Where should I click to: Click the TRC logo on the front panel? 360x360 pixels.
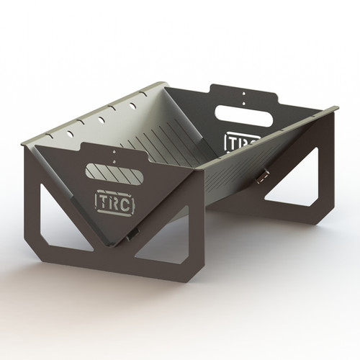(113, 200)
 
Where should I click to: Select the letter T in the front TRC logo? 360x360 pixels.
(102, 201)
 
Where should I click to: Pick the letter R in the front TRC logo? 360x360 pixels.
(113, 200)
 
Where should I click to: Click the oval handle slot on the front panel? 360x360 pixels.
(114, 171)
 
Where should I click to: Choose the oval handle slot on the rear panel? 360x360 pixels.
(244, 115)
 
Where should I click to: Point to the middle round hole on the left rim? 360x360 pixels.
(102, 119)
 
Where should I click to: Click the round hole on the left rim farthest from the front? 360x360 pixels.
(133, 106)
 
